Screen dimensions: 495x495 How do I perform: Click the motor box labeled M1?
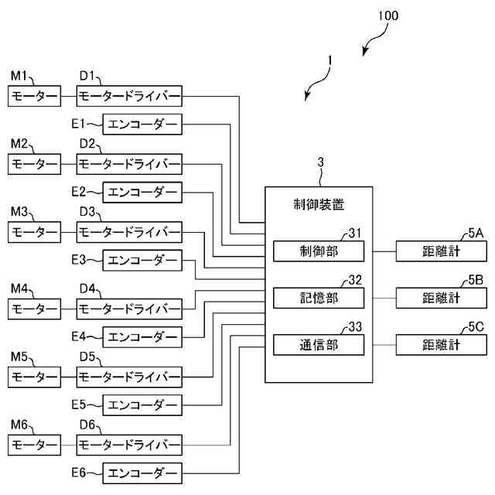(34, 97)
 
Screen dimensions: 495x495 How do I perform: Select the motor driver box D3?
(129, 232)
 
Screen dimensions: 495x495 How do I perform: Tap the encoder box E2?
(142, 192)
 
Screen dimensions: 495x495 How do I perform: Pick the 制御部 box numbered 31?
(319, 251)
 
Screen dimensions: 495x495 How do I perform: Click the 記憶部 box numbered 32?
(319, 298)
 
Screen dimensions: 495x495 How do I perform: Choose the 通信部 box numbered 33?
(319, 344)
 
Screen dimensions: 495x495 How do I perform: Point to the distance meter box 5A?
(442, 251)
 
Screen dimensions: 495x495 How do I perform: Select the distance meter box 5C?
(442, 344)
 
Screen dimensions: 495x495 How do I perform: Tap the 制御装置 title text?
(319, 206)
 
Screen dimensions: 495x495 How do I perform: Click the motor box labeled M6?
(34, 445)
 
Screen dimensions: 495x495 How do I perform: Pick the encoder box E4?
(142, 336)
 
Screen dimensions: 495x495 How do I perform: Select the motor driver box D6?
(129, 445)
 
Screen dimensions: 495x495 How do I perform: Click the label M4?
(19, 288)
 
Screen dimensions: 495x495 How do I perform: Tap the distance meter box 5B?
(442, 298)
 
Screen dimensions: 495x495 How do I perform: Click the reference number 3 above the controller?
(320, 162)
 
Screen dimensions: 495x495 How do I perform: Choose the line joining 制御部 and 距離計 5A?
(384, 251)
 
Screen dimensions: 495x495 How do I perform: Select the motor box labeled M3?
(34, 232)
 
